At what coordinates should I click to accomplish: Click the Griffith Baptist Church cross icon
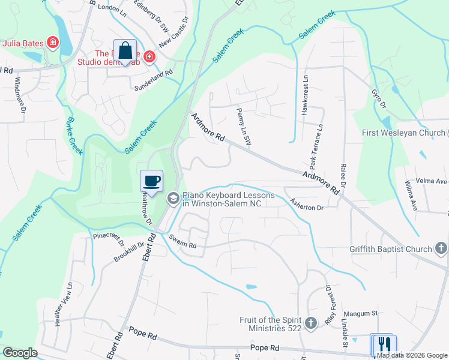[x=441, y=248]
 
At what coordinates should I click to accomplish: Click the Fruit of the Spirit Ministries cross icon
[x=311, y=323]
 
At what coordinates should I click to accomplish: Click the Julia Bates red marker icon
[x=53, y=43]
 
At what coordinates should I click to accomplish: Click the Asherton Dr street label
[x=307, y=204]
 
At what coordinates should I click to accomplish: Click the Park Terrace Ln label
[x=316, y=146]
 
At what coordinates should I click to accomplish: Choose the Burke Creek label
[x=74, y=136]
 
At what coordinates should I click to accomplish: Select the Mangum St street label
[x=360, y=313]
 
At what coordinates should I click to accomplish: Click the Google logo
[x=20, y=352]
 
